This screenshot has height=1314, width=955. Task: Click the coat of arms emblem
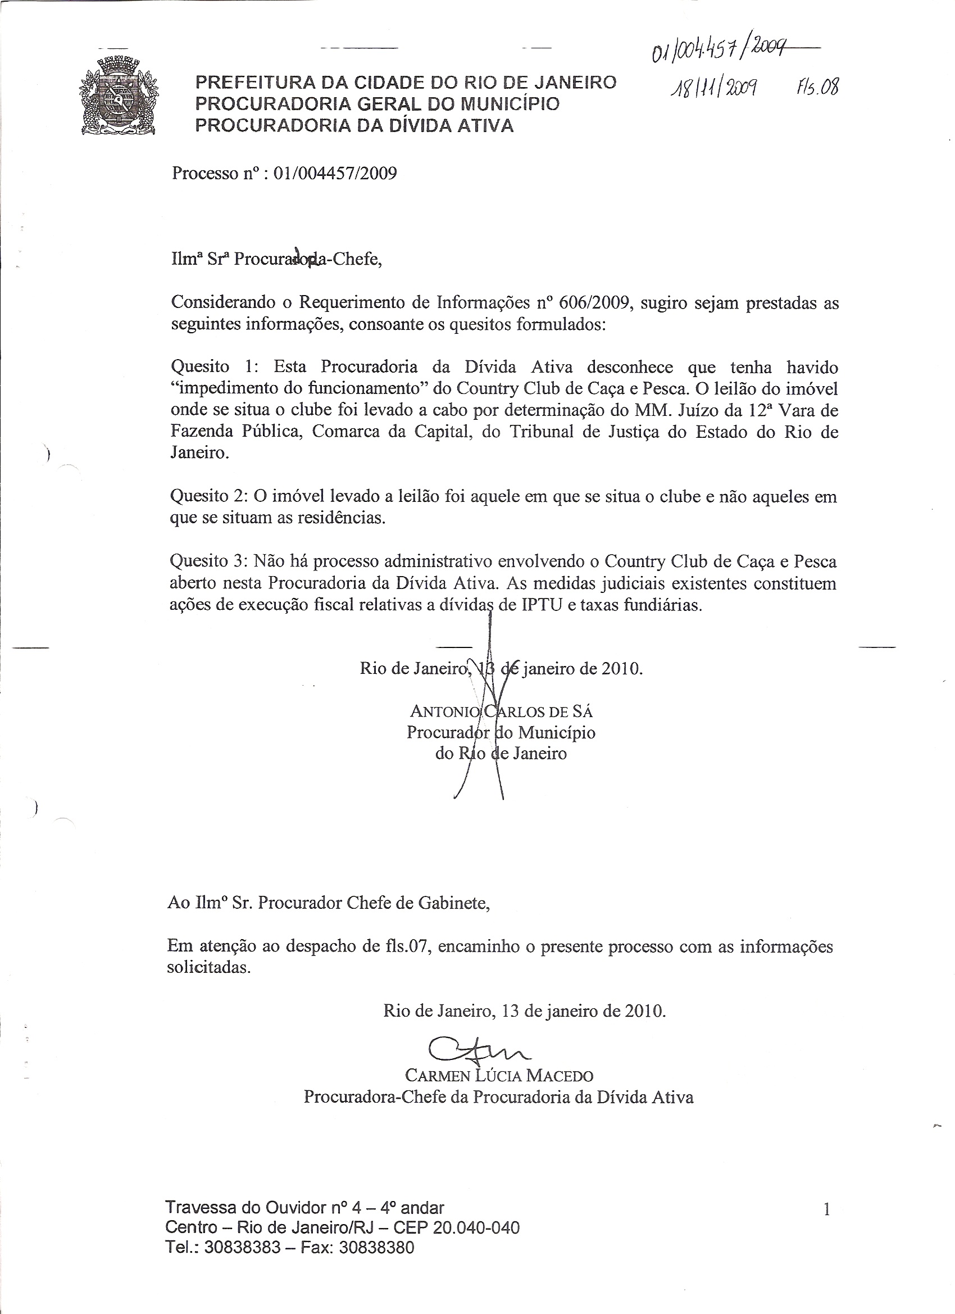click(118, 96)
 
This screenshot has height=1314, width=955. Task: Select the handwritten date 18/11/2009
click(712, 88)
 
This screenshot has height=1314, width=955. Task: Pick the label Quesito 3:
click(209, 561)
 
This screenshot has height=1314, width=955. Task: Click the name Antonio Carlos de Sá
click(502, 711)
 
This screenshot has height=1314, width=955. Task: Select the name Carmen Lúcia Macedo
click(499, 1076)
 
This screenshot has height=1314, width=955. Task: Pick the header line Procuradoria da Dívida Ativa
click(354, 126)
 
